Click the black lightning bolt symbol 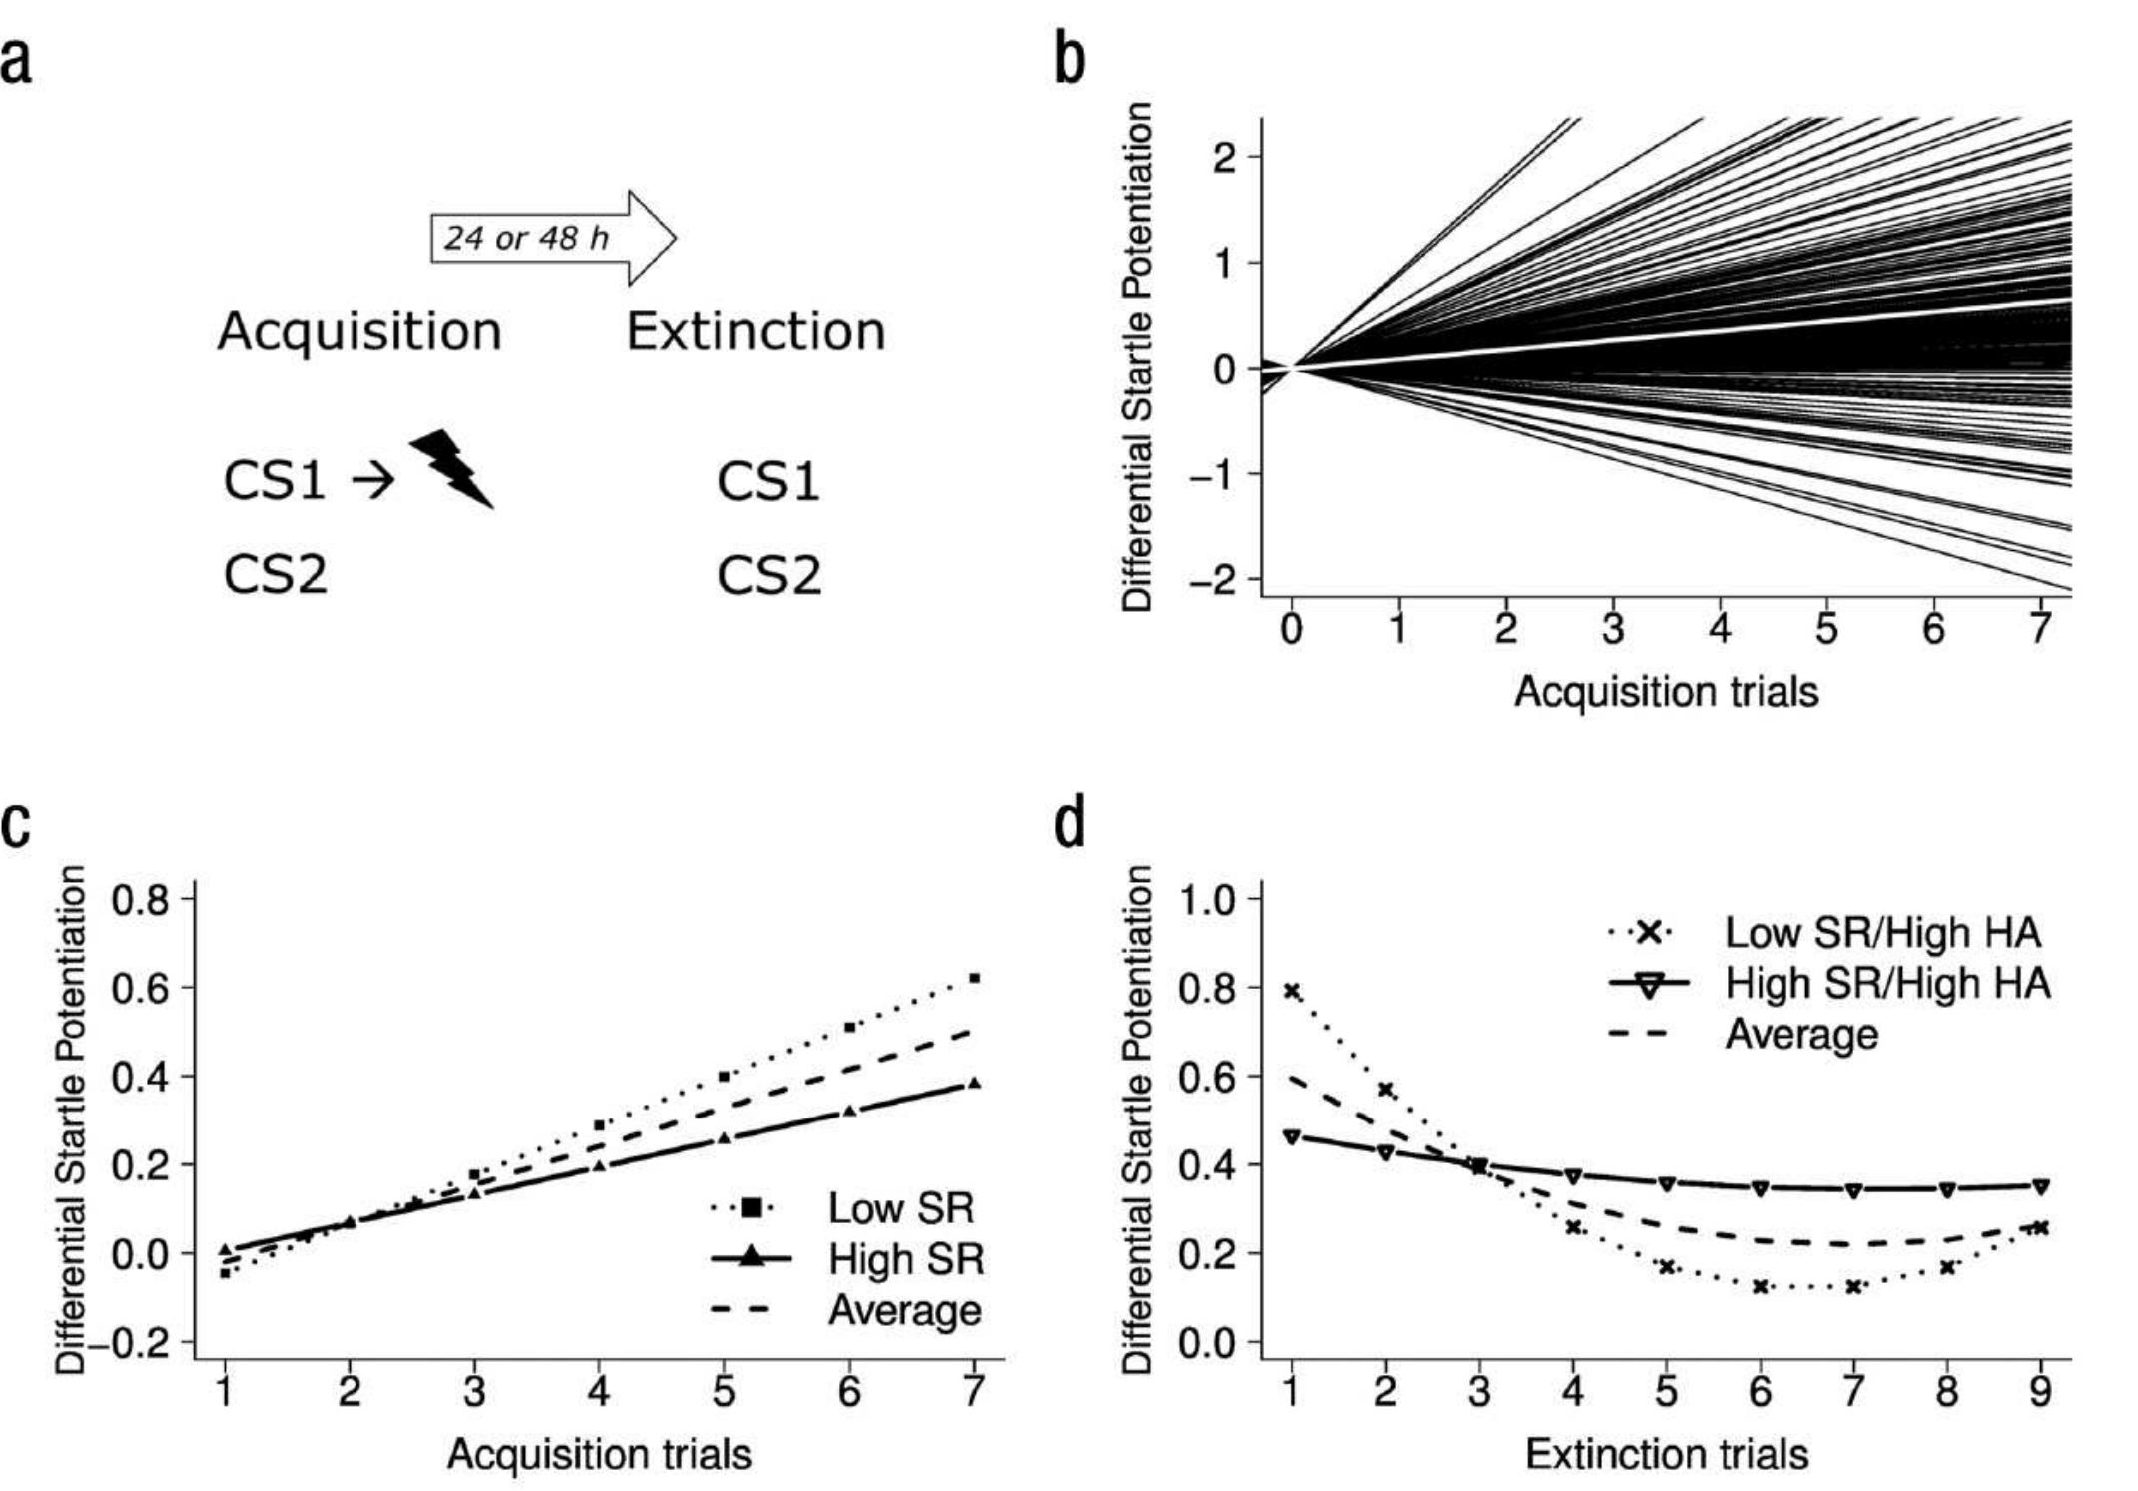tap(451, 468)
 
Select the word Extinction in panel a tap(756, 331)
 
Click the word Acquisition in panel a tap(359, 331)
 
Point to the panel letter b tap(1069, 61)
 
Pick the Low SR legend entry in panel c tap(844, 1208)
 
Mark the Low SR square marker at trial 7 tap(975, 978)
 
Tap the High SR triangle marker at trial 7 tap(975, 1083)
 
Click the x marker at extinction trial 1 tap(1292, 991)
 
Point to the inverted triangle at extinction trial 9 tap(2041, 1186)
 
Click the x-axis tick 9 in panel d tap(2041, 1390)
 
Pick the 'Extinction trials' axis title tap(1667, 1453)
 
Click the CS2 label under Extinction tap(769, 575)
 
